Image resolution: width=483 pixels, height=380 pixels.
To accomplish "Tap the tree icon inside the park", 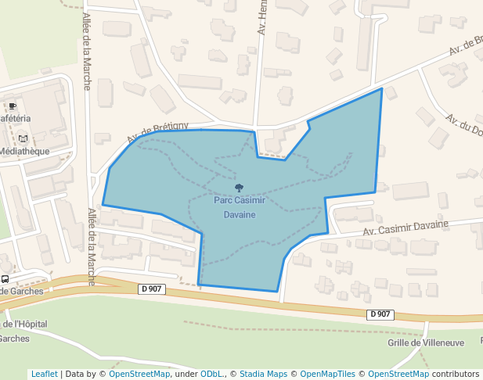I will (240, 188).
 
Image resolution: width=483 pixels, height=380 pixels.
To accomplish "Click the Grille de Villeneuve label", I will (426, 342).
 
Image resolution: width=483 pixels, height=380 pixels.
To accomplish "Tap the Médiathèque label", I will (24, 151).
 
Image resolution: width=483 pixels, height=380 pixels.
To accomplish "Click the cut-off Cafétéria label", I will (15, 118).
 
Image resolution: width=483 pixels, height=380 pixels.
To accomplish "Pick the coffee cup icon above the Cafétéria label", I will (12, 106).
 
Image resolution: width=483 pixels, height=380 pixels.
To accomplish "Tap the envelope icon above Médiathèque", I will (22, 138).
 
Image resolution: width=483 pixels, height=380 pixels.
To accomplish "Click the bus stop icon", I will (5, 278).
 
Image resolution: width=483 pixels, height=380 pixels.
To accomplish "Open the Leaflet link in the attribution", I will (44, 374).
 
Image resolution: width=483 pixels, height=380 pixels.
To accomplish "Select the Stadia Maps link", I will (263, 374).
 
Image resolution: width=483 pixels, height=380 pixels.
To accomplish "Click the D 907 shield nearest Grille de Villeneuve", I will (379, 314).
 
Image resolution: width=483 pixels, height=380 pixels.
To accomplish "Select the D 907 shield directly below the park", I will (153, 289).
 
